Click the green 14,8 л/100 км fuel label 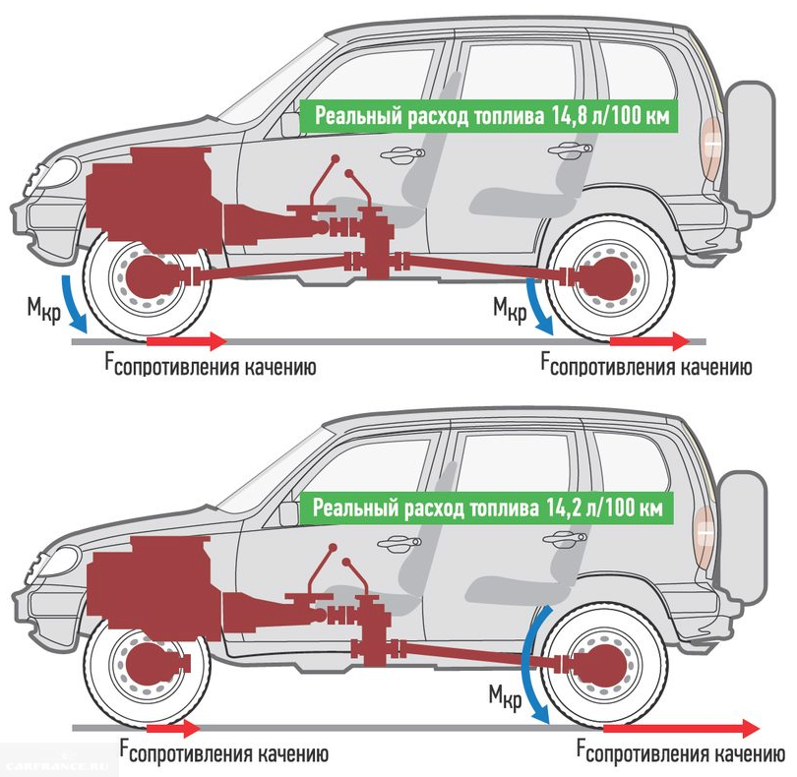[x=492, y=116]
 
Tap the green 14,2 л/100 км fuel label [x=492, y=509]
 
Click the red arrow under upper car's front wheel [x=187, y=341]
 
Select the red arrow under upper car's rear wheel [x=649, y=341]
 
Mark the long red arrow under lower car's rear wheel [x=679, y=729]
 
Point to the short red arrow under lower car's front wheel [x=172, y=729]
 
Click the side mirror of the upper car [x=289, y=123]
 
